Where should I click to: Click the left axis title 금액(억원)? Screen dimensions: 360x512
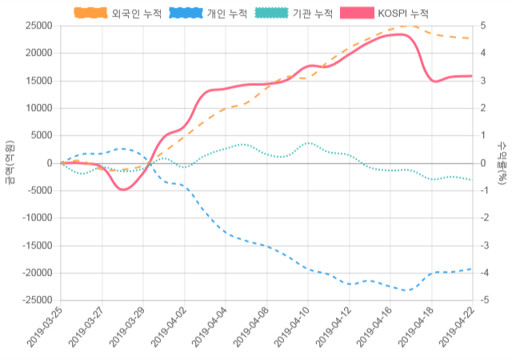(x=10, y=162)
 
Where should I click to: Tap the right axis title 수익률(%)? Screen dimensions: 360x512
(x=502, y=162)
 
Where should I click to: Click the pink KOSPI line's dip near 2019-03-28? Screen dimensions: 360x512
(x=122, y=189)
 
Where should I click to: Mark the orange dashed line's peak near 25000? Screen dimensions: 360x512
(x=408, y=26)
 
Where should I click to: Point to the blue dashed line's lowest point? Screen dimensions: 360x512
(x=406, y=290)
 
